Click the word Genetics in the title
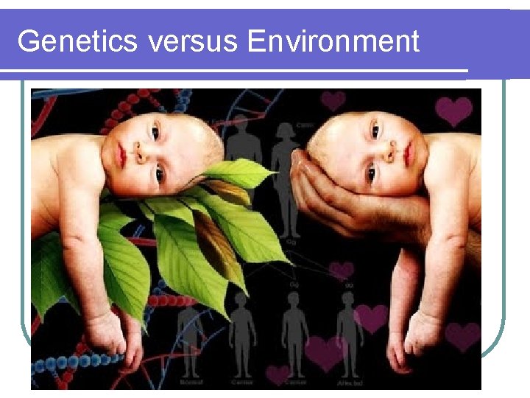(77, 41)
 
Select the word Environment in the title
(333, 41)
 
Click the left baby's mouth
(120, 154)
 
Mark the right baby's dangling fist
(423, 335)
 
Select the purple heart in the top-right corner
(453, 111)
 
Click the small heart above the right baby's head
(333, 99)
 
